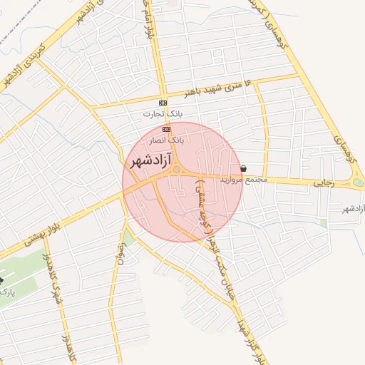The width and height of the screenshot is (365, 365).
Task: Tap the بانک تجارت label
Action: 163,114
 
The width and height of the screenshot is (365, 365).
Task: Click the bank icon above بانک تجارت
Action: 163,103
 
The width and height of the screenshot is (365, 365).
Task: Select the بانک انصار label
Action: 168,140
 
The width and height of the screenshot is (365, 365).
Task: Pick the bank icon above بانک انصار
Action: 167,129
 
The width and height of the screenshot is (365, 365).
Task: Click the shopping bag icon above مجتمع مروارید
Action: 245,168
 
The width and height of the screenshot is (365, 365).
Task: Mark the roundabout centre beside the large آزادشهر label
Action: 175,170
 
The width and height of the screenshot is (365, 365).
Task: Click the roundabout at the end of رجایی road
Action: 356,183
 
